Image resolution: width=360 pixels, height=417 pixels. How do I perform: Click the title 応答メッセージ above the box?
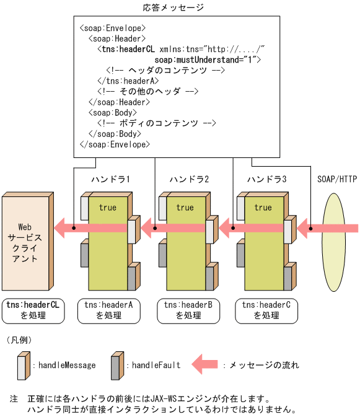(173, 7)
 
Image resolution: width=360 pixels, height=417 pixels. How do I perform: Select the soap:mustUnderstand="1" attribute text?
(208, 59)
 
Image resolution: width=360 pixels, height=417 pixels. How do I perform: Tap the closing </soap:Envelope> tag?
(115, 144)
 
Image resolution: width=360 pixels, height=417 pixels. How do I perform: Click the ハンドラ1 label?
(110, 180)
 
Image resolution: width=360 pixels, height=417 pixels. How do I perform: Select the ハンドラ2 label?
(189, 180)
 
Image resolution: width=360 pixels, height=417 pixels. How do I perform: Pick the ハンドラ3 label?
(267, 180)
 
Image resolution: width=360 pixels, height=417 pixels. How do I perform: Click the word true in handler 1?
(107, 208)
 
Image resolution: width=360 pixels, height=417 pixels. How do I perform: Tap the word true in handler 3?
(263, 208)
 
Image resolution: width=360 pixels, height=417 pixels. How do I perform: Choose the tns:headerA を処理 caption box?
(109, 310)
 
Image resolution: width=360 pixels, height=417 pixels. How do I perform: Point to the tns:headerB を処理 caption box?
(188, 310)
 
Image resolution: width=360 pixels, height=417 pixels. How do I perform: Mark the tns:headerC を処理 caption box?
(266, 310)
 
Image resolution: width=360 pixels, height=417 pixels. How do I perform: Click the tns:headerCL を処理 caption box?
(33, 310)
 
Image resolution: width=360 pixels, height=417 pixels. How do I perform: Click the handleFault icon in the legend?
(115, 366)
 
